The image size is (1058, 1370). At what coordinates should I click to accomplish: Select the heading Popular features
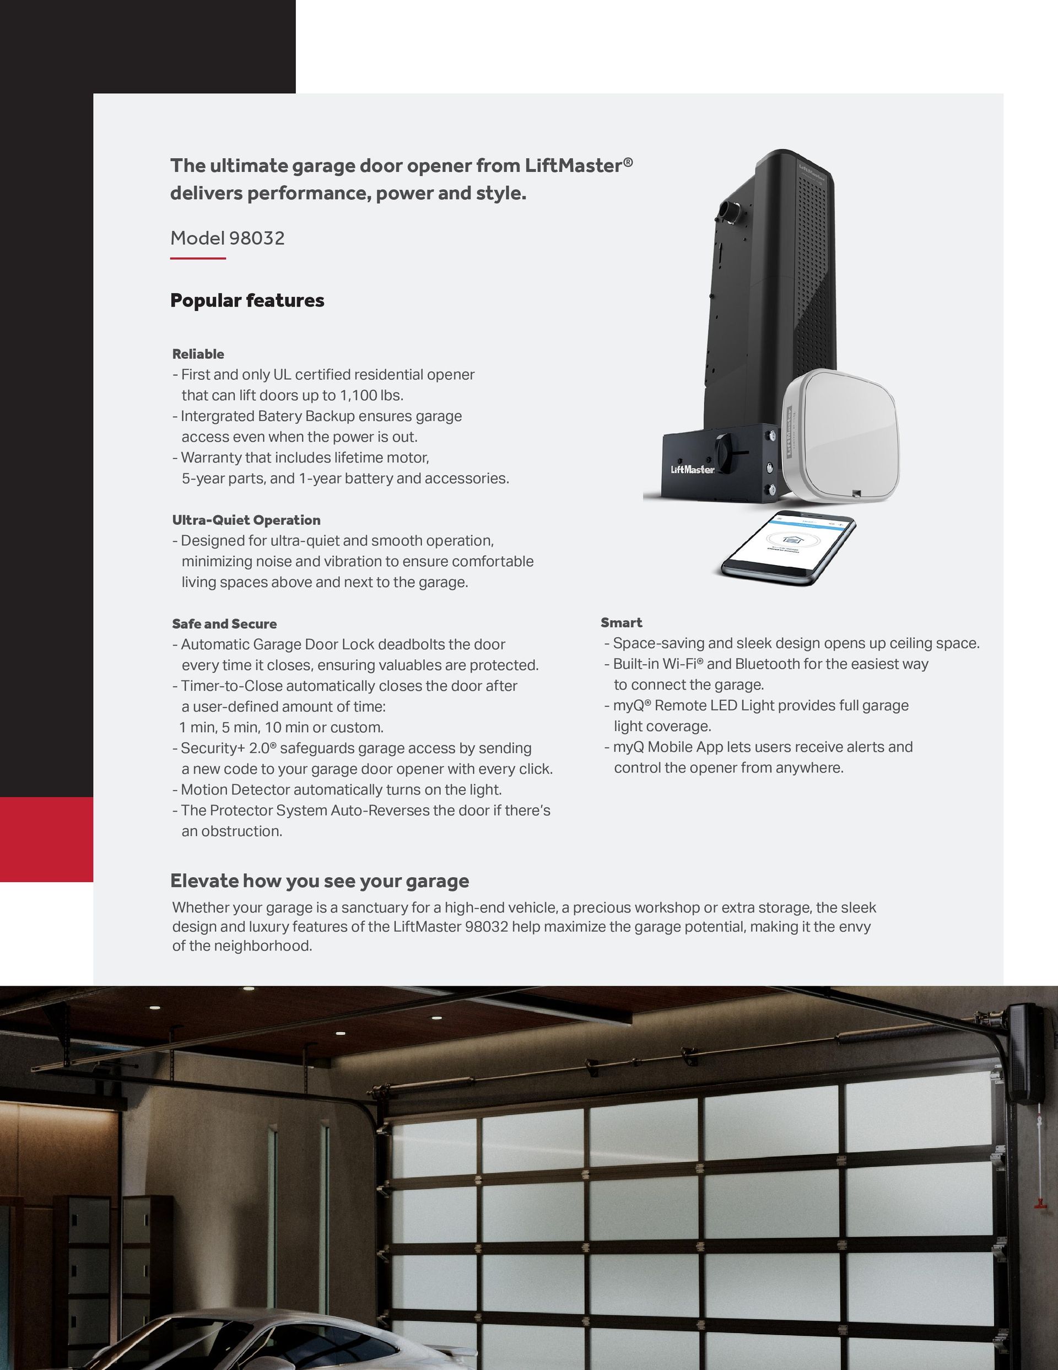(247, 300)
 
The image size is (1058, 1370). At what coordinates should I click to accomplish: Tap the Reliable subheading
(198, 354)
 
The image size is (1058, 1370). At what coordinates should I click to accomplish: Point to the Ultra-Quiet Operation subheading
(246, 520)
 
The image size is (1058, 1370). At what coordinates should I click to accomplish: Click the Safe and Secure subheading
(224, 624)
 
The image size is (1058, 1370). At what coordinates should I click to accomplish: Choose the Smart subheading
(621, 623)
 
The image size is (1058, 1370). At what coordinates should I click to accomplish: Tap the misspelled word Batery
(316, 417)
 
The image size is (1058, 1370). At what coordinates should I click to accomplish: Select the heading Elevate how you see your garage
(319, 882)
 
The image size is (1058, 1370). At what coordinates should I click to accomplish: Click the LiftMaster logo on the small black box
(692, 470)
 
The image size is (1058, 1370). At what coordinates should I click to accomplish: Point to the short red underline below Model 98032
(198, 259)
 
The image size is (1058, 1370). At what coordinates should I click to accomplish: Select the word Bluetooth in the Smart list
(761, 664)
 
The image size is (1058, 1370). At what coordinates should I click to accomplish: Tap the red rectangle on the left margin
(46, 839)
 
